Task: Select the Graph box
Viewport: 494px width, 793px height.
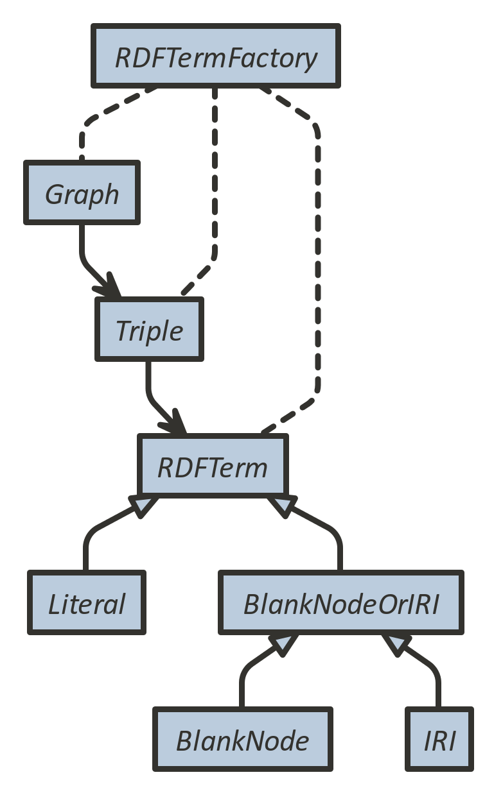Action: coord(82,192)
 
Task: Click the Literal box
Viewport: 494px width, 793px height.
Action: coord(87,602)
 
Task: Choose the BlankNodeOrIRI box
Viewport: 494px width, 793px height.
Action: coord(340,602)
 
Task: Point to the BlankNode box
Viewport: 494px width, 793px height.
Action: coord(242,739)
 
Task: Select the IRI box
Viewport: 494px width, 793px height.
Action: coord(439,739)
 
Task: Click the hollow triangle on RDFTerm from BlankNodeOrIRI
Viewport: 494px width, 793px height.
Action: coord(284,506)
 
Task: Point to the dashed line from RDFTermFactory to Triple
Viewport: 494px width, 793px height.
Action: coord(214,192)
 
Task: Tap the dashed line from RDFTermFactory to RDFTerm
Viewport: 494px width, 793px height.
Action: coord(318,257)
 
